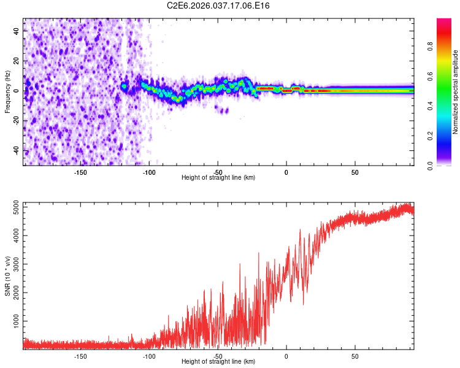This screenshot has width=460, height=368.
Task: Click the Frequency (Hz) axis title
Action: pos(7,91)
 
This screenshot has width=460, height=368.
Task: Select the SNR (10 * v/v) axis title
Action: pos(7,275)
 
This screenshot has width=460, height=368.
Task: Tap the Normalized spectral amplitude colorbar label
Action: pos(456,92)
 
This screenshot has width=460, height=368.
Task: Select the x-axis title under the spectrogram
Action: pos(218,178)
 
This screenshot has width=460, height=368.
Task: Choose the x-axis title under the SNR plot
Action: pos(218,362)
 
